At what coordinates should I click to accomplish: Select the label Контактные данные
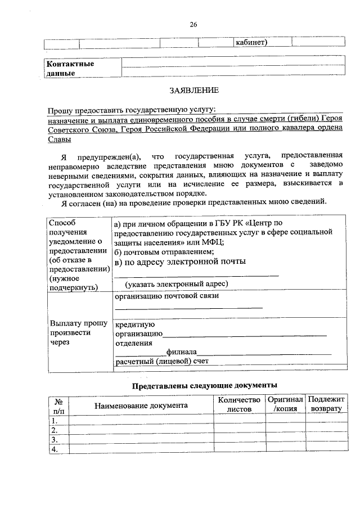click(x=70, y=68)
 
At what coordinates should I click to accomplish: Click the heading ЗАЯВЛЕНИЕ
click(x=193, y=90)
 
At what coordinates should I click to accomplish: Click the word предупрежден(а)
click(x=110, y=155)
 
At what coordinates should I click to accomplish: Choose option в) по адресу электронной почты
click(x=180, y=262)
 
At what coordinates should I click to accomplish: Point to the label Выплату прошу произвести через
click(x=71, y=332)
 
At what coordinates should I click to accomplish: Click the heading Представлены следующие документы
click(x=204, y=386)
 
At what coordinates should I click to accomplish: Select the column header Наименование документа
click(x=141, y=405)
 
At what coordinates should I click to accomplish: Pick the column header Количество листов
click(x=239, y=404)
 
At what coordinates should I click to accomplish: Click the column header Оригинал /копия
click(x=285, y=404)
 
